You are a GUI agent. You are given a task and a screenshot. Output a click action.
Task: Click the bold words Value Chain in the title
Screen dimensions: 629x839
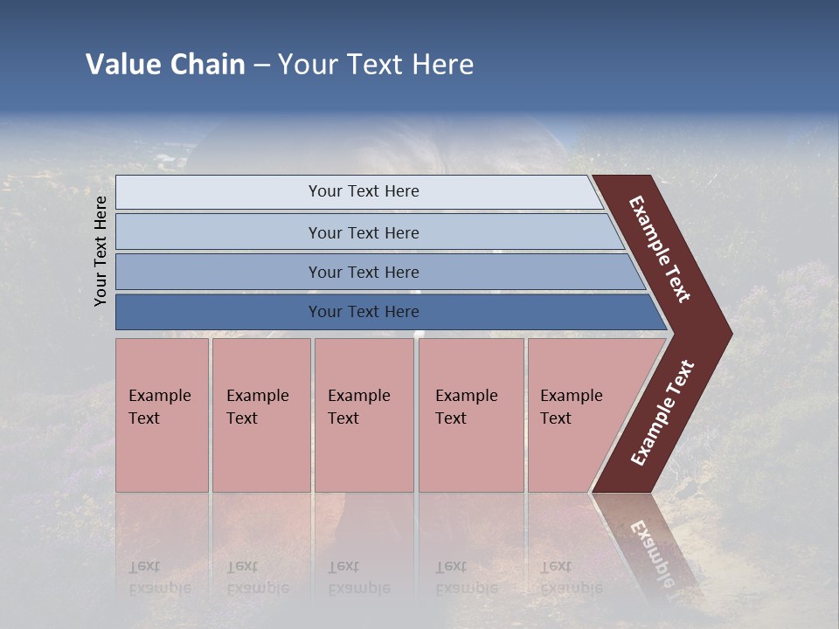[x=165, y=65]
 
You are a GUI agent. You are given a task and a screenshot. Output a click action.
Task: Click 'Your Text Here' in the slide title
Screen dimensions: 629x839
[x=376, y=65]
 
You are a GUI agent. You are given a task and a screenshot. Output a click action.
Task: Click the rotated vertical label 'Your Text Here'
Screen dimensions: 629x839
[x=101, y=251]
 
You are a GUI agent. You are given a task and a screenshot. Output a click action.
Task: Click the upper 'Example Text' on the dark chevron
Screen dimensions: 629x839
[x=660, y=249]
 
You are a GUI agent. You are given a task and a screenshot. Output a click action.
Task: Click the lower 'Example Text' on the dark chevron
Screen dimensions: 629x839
[x=662, y=412]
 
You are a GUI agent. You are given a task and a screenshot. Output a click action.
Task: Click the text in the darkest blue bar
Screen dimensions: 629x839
[x=364, y=312]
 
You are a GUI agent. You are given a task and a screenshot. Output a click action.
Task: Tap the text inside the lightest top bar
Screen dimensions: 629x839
[x=364, y=191]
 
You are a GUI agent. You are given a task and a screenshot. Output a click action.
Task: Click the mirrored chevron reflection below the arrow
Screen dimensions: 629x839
[x=647, y=542]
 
